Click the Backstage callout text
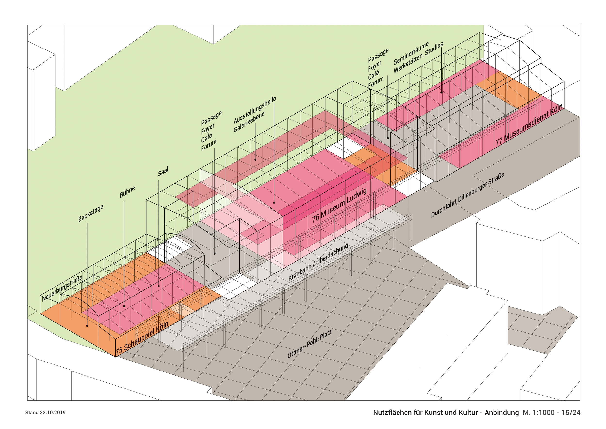pos(90,213)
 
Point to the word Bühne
pos(127,192)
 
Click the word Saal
pos(163,172)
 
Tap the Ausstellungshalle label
pos(255,110)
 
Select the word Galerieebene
pos(249,122)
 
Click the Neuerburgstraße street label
pos(62,288)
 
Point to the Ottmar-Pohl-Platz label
pos(309,344)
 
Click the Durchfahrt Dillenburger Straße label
pos(467,195)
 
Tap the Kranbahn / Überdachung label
pos(318,262)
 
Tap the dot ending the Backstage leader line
pos(87,326)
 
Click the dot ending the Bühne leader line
pos(124,306)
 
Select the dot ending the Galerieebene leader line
pos(255,160)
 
